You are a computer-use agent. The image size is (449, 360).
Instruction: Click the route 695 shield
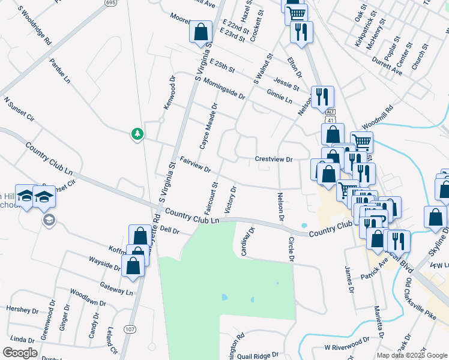110,3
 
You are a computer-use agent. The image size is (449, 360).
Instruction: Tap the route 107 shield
130,329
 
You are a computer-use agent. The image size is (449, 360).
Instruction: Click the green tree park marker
137,134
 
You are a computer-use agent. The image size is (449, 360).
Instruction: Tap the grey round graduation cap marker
47,220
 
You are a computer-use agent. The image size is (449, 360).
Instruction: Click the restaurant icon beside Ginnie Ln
322,96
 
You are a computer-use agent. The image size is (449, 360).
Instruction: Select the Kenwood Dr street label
169,92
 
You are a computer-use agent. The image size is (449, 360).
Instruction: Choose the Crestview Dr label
273,160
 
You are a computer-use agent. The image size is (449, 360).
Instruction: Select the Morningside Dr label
224,88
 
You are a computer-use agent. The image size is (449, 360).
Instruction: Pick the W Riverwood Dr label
347,347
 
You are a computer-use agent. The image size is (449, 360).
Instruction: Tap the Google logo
20,353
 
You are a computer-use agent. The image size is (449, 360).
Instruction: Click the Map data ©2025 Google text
411,355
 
